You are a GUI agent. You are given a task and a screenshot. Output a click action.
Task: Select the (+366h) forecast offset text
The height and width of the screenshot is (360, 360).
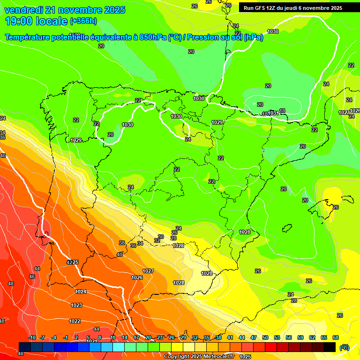click(x=83, y=21)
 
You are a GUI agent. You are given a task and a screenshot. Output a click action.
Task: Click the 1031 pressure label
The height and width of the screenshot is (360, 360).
click(x=274, y=113)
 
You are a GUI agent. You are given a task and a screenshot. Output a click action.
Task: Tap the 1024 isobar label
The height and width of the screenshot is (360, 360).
click(x=81, y=292)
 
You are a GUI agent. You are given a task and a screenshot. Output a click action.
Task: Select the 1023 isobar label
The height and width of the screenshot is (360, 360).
click(x=76, y=305)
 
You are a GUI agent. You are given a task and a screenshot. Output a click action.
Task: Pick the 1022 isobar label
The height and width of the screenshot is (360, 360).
click(x=75, y=321)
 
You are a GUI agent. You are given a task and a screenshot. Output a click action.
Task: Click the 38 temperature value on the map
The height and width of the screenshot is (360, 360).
click(x=122, y=243)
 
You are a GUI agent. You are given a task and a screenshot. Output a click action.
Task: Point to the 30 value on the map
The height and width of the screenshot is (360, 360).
click(x=161, y=237)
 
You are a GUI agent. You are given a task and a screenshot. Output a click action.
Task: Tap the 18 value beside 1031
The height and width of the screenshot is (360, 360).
click(x=282, y=111)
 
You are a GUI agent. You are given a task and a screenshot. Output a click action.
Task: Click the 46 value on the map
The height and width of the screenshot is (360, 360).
click(x=32, y=277)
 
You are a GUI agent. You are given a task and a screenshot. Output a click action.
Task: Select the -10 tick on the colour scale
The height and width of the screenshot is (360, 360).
click(x=32, y=337)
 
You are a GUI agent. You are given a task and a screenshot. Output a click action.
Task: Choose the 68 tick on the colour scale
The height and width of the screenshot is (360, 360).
click(x=336, y=337)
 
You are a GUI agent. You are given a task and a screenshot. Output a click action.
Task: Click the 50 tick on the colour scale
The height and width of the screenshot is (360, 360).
click(x=265, y=337)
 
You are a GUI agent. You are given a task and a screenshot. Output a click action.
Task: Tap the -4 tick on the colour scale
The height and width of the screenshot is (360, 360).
click(x=54, y=337)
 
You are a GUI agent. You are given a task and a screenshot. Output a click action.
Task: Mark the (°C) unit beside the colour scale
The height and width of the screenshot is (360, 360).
click(x=345, y=347)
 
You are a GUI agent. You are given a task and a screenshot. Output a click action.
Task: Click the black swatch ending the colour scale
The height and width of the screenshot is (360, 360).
click(x=330, y=347)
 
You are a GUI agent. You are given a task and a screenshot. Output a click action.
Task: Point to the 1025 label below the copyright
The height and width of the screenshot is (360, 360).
click(x=245, y=357)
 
